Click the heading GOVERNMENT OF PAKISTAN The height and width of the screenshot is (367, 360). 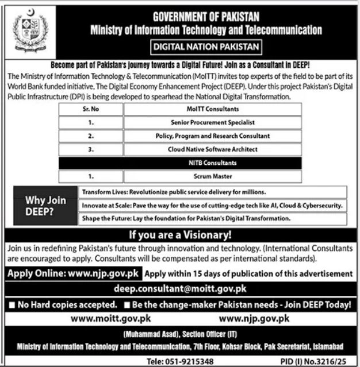tap(206, 18)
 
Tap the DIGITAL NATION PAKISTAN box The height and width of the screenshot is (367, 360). tap(206, 47)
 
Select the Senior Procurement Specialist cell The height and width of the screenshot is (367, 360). tap(213, 122)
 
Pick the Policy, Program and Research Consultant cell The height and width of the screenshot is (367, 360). tap(213, 136)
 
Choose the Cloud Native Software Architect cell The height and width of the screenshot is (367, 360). tap(213, 149)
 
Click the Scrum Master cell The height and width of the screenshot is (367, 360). tap(213, 176)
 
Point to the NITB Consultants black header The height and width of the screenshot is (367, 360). tap(212, 163)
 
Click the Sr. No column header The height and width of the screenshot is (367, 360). tap(91, 109)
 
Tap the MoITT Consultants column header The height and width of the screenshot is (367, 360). tap(213, 109)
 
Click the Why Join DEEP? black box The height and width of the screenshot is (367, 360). tap(45, 205)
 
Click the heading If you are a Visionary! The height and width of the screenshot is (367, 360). tap(180, 235)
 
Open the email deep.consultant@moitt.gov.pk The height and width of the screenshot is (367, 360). tap(180, 288)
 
